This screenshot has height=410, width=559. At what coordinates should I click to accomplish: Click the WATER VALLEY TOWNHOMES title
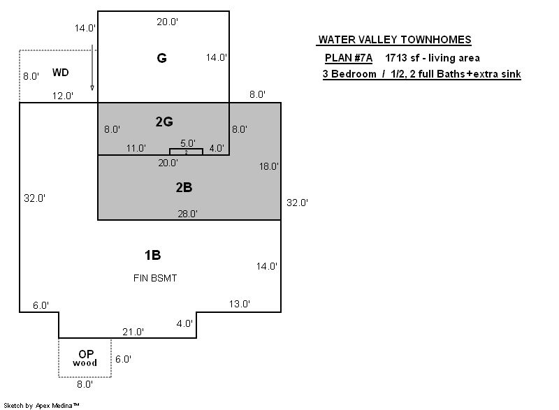point(395,40)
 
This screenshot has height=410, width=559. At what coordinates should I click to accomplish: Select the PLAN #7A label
point(348,58)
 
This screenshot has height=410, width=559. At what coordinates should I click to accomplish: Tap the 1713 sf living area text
point(433,58)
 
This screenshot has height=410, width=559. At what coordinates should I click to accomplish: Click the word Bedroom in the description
point(354,74)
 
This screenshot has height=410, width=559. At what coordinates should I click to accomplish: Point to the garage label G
point(161,58)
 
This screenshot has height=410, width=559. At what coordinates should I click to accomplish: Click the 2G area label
point(164,122)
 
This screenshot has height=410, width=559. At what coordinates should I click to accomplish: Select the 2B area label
point(184,187)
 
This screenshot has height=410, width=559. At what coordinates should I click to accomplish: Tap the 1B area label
point(152,255)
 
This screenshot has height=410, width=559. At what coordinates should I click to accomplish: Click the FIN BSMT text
point(155,278)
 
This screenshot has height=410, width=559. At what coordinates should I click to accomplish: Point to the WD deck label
point(60,73)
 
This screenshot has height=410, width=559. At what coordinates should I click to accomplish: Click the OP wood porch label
point(85,358)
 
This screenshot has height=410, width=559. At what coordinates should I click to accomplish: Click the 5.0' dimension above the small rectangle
point(188,143)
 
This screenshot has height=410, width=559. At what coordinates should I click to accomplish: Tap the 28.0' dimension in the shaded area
point(187,214)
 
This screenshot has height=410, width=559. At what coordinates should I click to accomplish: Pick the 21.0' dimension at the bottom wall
point(133,332)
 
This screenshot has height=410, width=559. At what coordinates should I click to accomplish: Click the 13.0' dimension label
point(239,304)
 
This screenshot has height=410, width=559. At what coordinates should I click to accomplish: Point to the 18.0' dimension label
point(269,166)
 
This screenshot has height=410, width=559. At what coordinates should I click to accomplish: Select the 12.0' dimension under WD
point(63,96)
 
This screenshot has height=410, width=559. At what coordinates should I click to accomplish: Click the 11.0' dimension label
point(136,148)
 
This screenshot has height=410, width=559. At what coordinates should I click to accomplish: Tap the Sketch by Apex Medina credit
point(41,405)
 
